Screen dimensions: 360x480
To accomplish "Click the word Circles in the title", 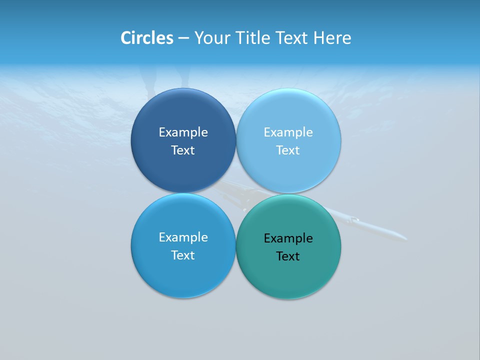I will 146,38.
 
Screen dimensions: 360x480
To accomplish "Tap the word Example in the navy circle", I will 183,132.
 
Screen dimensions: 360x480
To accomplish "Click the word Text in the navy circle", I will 183,150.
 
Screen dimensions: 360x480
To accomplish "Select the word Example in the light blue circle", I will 288,132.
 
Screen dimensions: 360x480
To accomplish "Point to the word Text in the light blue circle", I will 288,150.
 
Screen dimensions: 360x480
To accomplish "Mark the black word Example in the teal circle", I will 288,238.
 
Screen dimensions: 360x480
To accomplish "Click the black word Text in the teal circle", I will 288,256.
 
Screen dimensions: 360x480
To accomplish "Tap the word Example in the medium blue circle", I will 183,237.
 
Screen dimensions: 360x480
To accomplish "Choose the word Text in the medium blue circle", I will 183,255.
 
